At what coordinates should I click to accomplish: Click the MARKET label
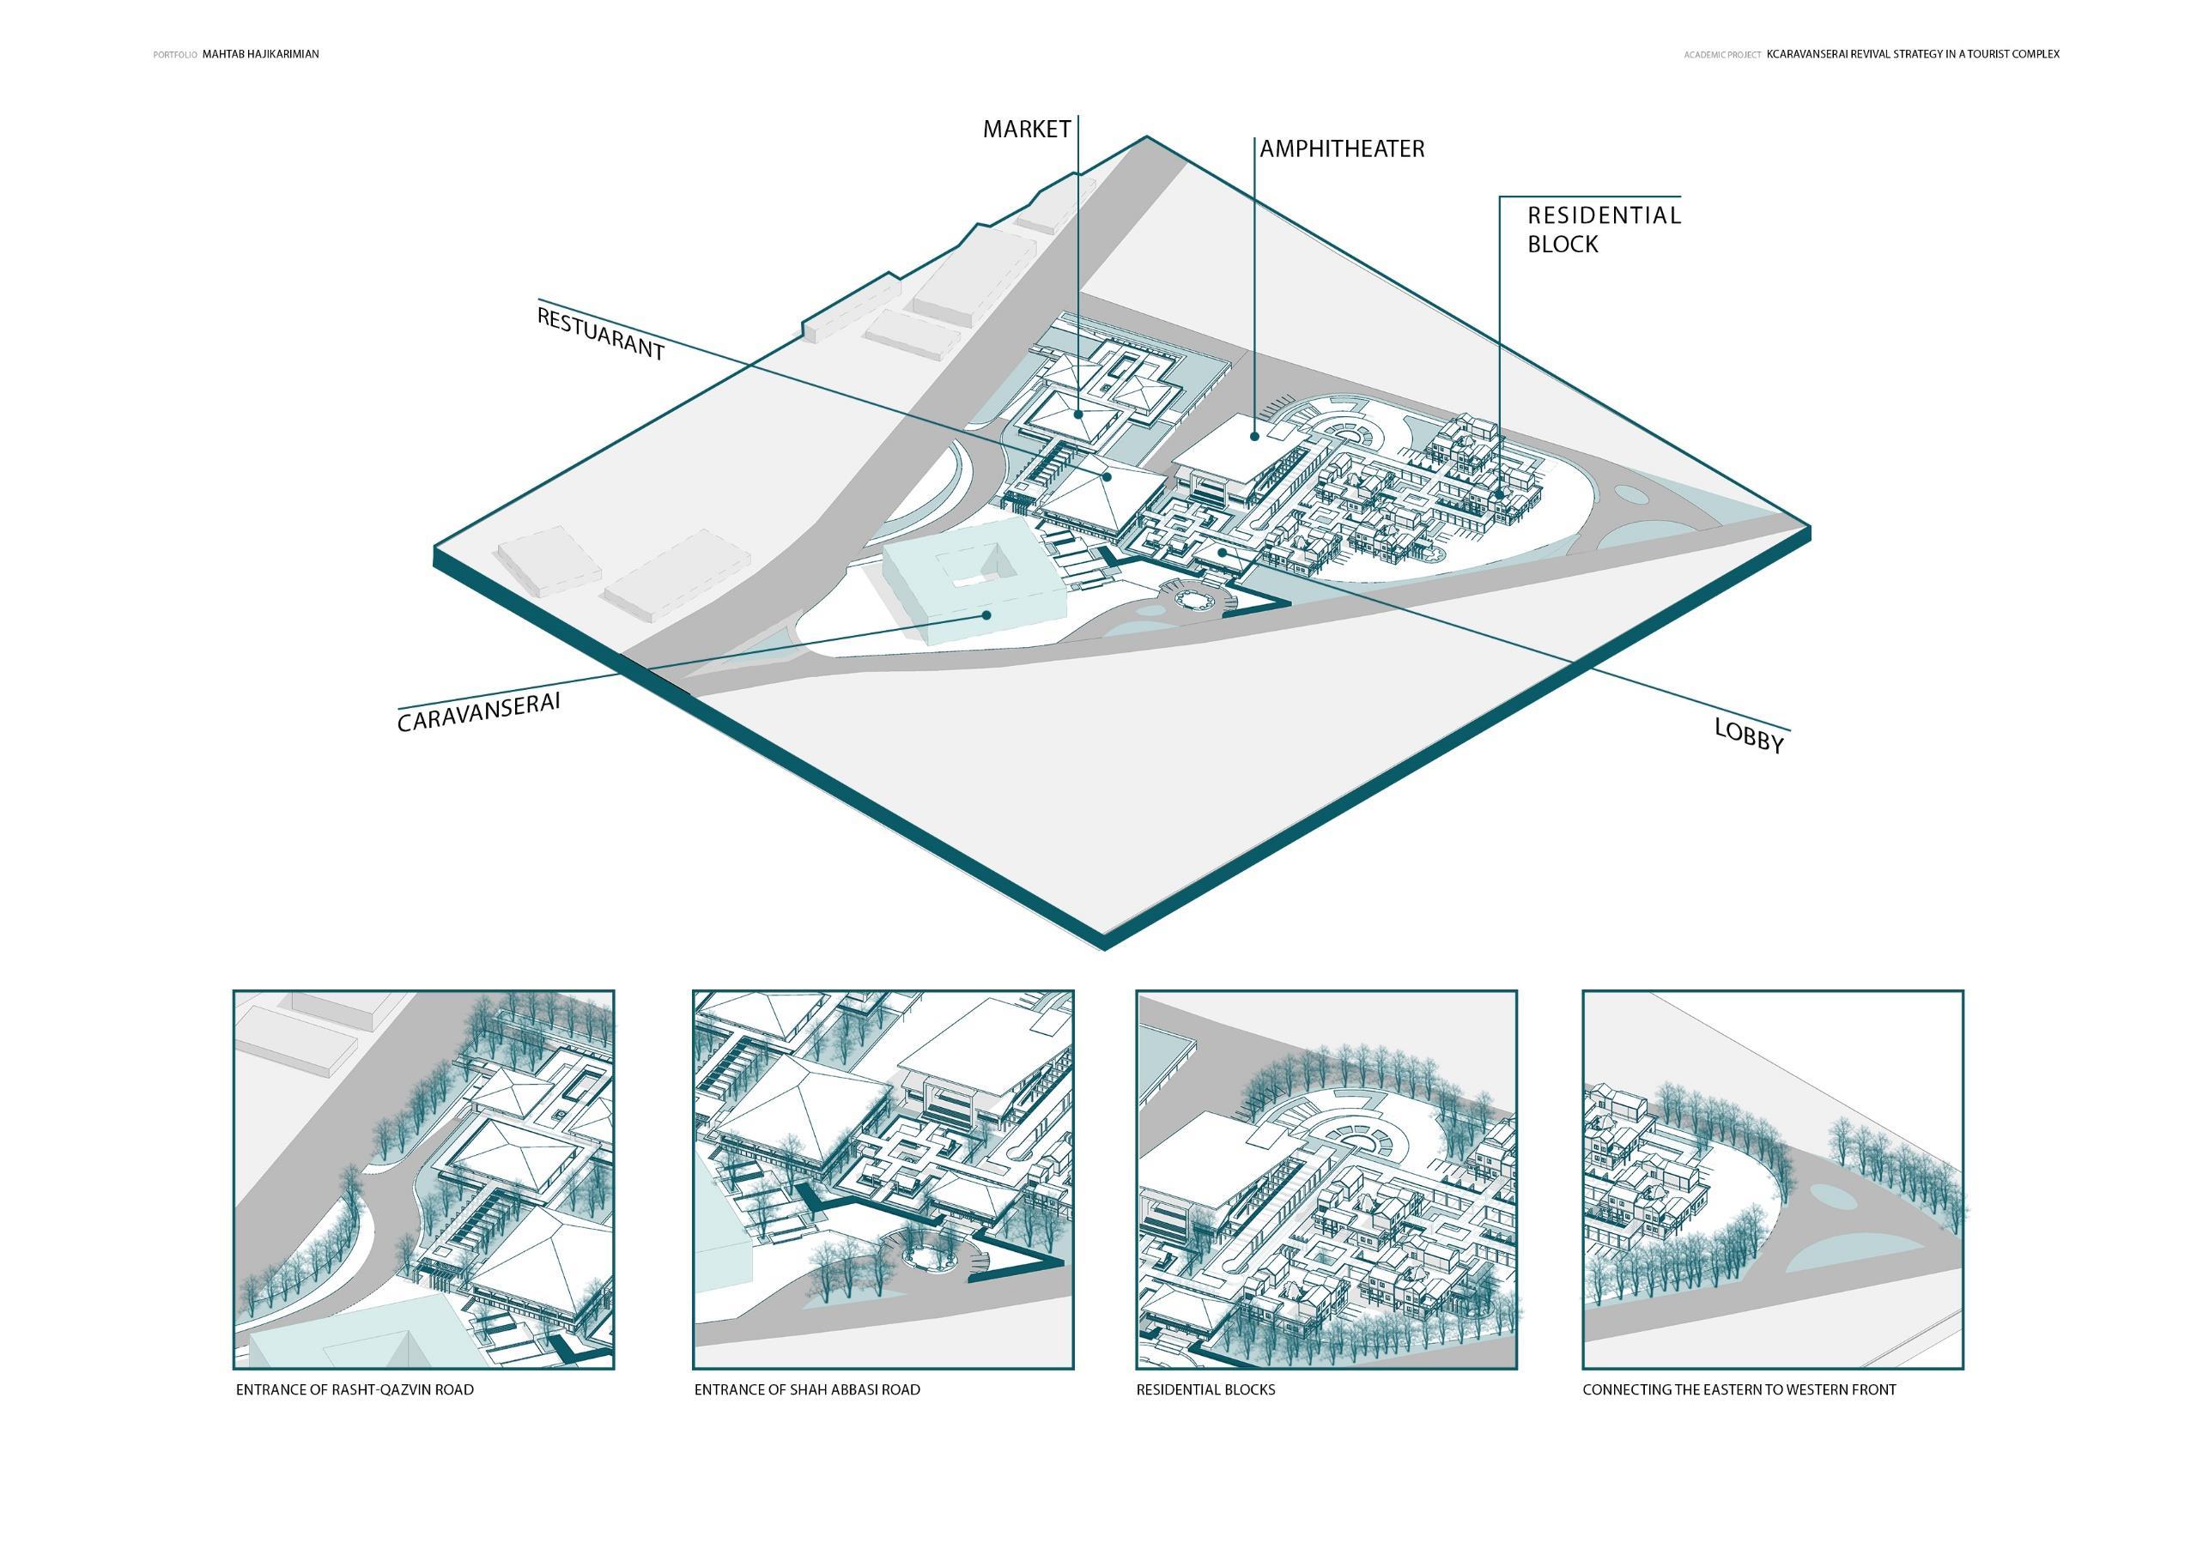click(x=1026, y=130)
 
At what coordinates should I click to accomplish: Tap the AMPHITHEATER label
click(x=1341, y=149)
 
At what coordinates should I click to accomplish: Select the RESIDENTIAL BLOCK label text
click(x=1603, y=229)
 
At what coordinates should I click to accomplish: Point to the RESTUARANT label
click(x=600, y=334)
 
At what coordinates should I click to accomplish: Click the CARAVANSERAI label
click(x=478, y=711)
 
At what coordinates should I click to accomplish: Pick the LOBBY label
click(x=1748, y=735)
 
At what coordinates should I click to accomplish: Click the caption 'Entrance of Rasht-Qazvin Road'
click(x=354, y=1390)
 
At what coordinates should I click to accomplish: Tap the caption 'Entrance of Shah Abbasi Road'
click(x=806, y=1390)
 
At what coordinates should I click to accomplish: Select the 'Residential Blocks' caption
click(x=1205, y=1390)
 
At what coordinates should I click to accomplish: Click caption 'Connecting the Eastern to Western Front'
click(x=1739, y=1390)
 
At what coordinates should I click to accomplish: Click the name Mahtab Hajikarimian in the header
click(x=261, y=55)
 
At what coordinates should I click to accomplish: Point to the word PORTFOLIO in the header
click(x=175, y=55)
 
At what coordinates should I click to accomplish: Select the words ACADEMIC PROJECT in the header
click(x=1722, y=55)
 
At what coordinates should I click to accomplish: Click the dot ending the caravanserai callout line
click(x=986, y=614)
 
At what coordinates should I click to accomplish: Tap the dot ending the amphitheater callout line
click(x=1254, y=437)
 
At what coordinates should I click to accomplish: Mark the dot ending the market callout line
click(x=1078, y=415)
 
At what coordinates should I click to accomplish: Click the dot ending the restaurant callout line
click(x=1108, y=475)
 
